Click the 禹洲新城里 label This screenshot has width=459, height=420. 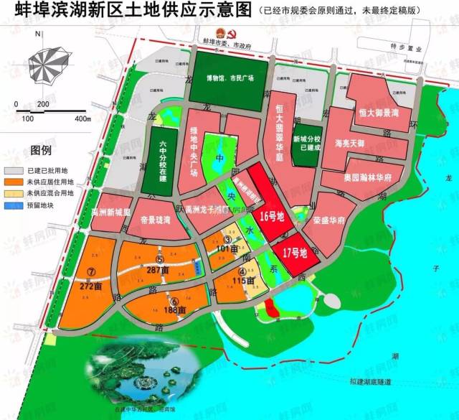[111, 212]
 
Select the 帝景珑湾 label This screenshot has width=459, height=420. [157, 221]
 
